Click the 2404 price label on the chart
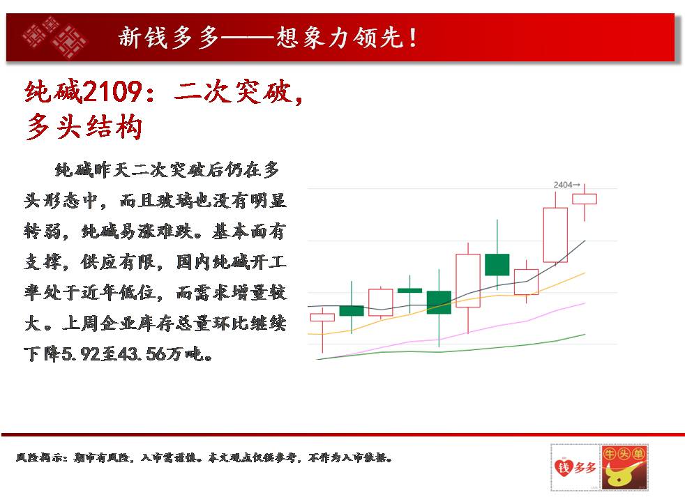564,185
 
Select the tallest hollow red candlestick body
555,235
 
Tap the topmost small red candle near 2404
585,199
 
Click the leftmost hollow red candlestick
322,317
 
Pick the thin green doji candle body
409,290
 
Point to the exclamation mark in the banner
412,37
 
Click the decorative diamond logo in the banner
54,38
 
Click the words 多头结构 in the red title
84,128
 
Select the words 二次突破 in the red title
233,91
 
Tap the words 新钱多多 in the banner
169,37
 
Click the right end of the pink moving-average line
585,303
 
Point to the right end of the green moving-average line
585,335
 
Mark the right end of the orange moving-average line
585,273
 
